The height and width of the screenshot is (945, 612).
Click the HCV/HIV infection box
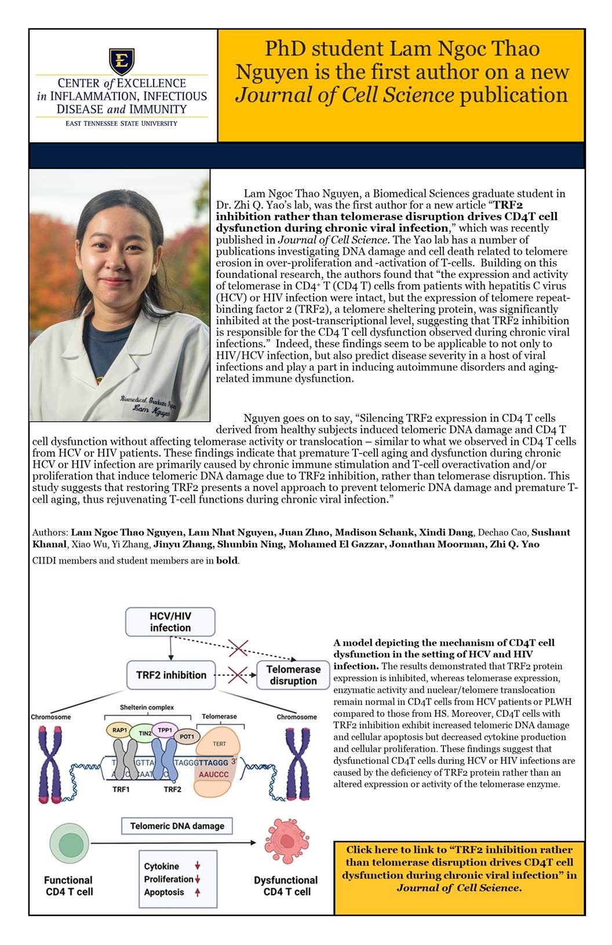170,622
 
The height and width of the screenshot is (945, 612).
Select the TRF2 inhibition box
171,675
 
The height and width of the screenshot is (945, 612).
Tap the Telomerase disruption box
293,675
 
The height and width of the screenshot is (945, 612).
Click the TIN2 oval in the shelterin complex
145,734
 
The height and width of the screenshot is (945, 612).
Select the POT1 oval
187,737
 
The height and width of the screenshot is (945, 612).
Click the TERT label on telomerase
220,743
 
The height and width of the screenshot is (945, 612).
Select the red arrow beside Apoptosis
198,892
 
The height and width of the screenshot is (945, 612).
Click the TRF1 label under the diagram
121,789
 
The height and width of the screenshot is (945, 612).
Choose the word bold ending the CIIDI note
227,561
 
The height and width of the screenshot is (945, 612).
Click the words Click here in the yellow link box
371,849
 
